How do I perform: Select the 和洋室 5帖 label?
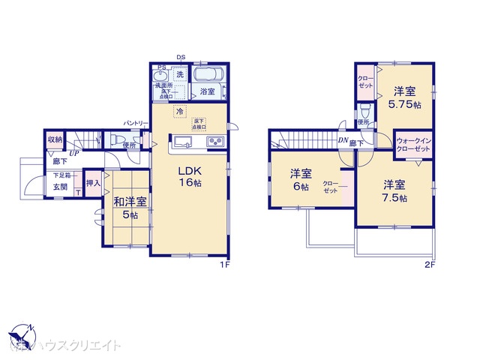125,208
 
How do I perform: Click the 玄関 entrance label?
60,187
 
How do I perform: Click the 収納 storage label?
55,140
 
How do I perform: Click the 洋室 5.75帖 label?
405,98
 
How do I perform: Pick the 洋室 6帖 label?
300,181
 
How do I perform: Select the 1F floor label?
223,265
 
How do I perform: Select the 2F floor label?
429,265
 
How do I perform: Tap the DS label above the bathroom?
180,57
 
